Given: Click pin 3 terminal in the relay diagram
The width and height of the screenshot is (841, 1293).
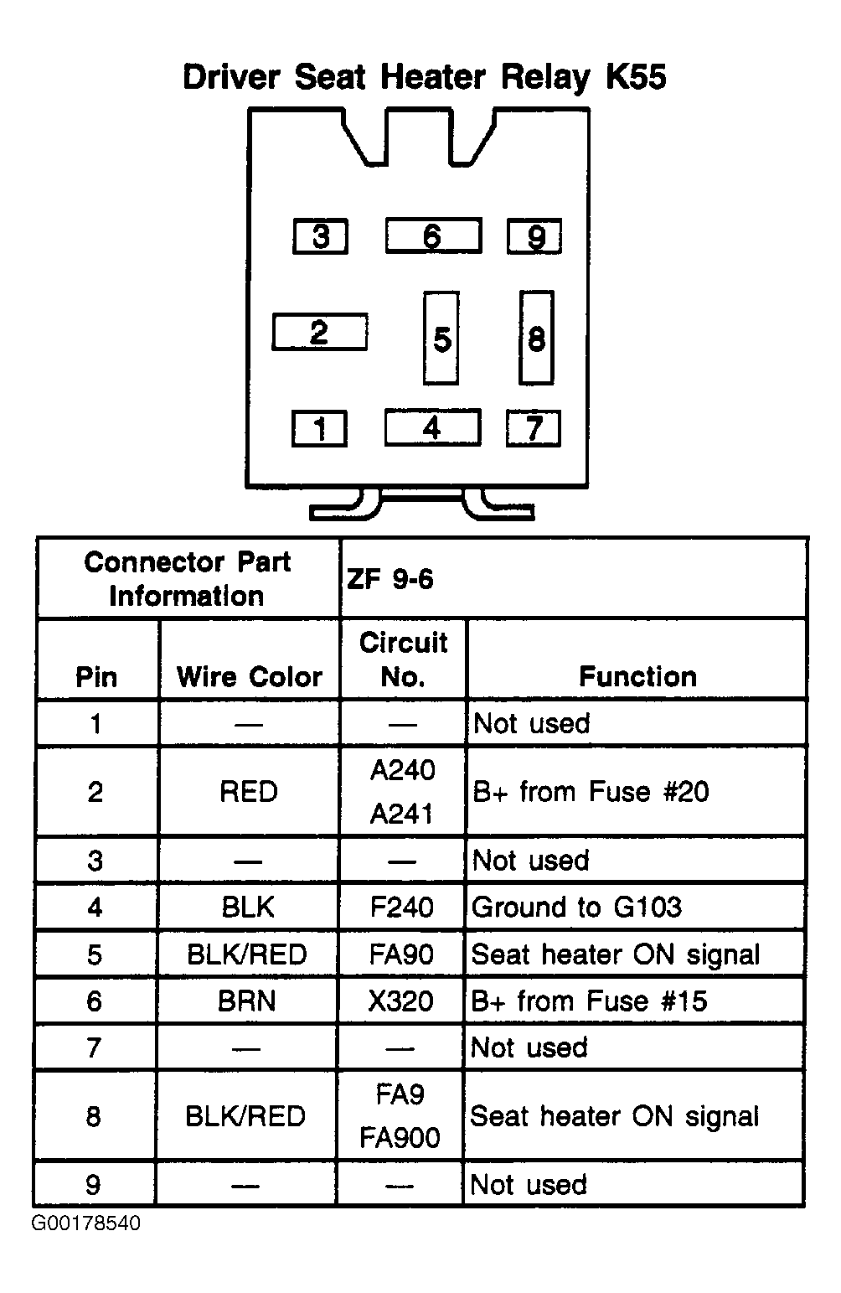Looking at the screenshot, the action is (x=320, y=236).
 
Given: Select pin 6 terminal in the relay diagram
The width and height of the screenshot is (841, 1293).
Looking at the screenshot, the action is (x=433, y=235).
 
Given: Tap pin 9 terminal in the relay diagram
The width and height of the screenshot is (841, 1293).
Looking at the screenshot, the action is (x=534, y=236).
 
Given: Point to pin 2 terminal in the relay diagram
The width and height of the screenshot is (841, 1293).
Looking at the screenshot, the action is (x=319, y=332).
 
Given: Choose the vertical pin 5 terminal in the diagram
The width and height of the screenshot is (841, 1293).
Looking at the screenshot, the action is (x=441, y=339).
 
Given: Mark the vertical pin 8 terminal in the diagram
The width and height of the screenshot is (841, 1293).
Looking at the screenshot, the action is (x=536, y=338).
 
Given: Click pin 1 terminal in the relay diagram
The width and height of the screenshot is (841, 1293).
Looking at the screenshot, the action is (x=319, y=429).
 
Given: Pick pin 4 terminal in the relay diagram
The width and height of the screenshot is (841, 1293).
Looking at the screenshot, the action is (x=432, y=427).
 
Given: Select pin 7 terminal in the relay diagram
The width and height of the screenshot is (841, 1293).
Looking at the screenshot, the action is (x=533, y=428).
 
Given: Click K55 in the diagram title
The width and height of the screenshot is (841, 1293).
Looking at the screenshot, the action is (x=637, y=77).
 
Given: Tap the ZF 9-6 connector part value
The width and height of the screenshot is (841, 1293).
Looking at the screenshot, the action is (x=390, y=579).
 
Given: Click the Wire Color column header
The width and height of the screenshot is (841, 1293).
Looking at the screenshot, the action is (x=249, y=676).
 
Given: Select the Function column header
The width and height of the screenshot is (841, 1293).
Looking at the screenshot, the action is (x=638, y=676).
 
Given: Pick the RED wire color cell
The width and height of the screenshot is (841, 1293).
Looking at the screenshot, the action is (x=249, y=791).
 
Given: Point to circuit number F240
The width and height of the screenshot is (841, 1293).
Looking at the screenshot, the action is (x=401, y=907).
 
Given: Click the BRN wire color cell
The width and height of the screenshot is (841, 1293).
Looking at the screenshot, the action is (x=247, y=1001).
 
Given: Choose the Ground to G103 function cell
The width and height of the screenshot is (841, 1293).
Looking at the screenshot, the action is (x=577, y=907).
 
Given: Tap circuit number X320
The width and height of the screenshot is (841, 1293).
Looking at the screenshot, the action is (x=401, y=1001).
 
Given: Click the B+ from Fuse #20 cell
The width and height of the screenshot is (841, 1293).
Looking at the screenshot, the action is (x=591, y=791).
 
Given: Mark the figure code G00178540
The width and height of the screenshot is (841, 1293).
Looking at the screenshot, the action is (x=85, y=1223).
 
